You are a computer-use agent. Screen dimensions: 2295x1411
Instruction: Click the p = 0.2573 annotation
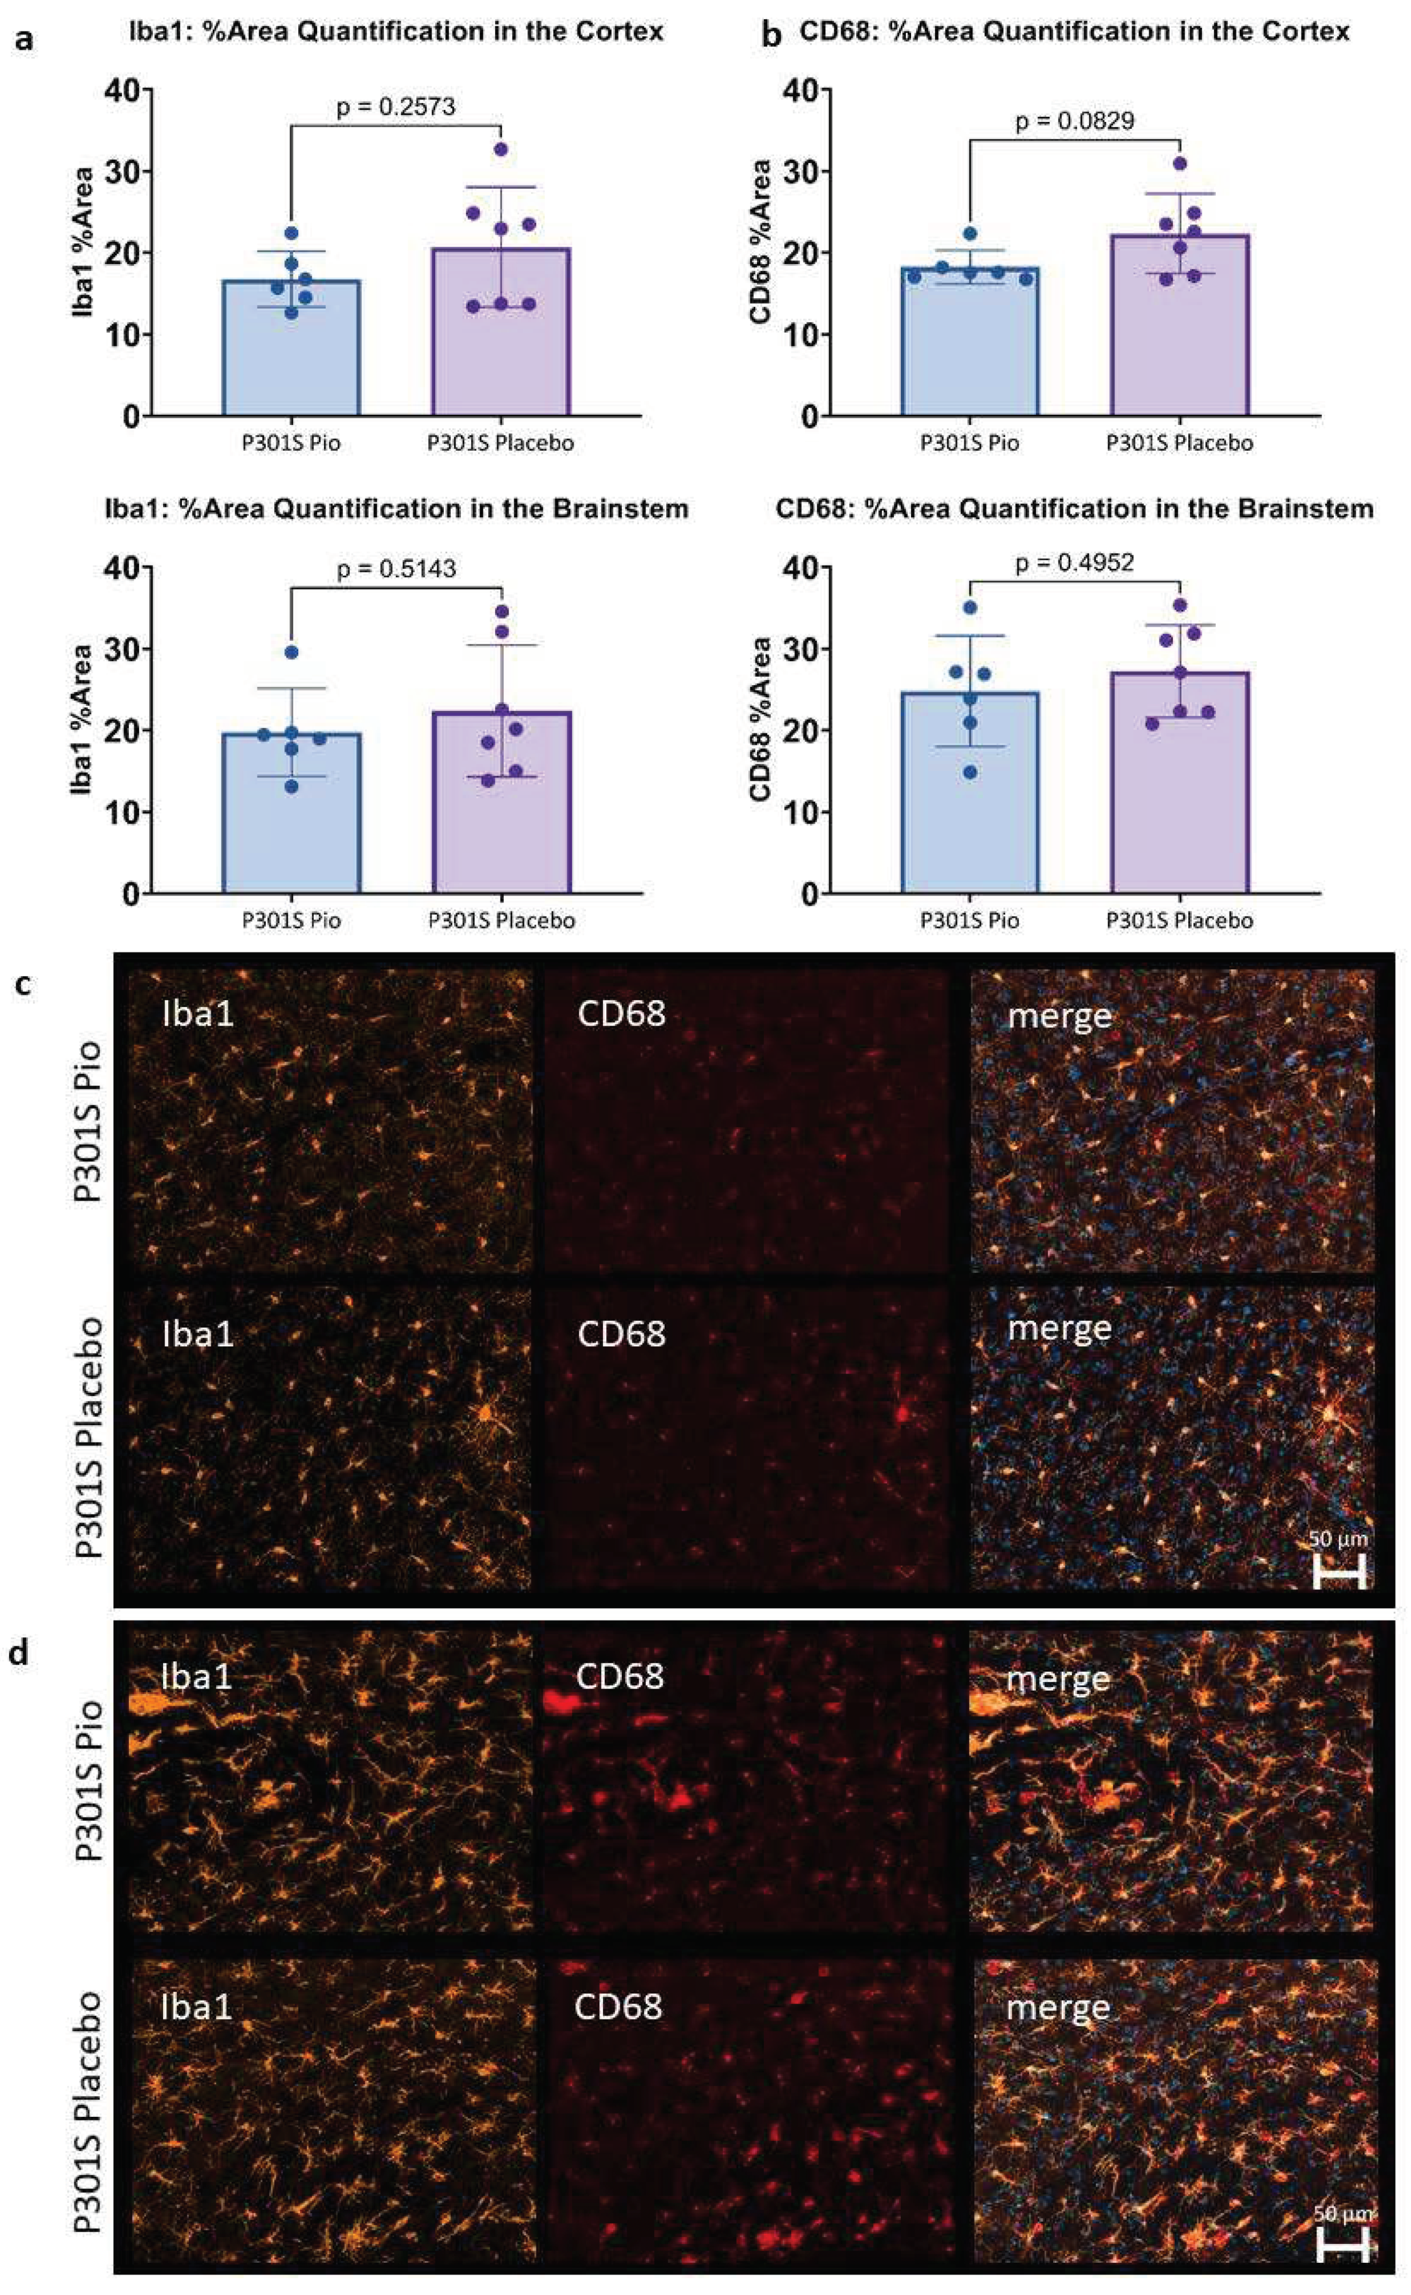(396, 106)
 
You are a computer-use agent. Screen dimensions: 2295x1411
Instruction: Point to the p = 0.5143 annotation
(396, 568)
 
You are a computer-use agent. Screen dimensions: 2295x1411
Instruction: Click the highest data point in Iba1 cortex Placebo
(501, 149)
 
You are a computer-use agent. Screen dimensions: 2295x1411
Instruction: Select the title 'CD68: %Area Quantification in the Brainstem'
(1074, 509)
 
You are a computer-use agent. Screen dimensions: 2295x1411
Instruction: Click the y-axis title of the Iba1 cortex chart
(84, 245)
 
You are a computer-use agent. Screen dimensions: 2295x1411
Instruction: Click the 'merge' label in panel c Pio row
(1059, 1015)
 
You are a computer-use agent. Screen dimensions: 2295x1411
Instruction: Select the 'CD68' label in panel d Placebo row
(618, 2000)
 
